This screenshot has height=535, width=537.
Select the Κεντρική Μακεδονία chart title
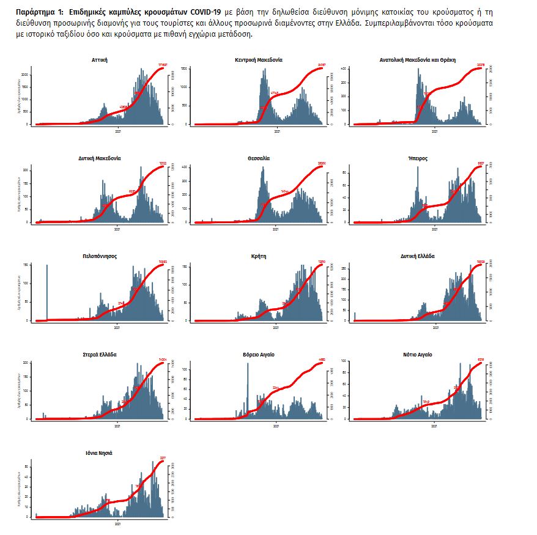[x=259, y=60]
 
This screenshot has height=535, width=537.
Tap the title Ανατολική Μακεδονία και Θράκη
[x=418, y=60]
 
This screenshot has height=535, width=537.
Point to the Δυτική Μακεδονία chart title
[x=99, y=158]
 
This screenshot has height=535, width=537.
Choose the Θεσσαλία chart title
[x=259, y=158]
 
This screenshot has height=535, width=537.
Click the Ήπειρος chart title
[x=418, y=158]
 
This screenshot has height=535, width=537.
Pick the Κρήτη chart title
[x=259, y=256]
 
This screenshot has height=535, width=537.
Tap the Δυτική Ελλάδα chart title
[x=418, y=256]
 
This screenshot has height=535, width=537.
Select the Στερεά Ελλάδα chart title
[x=99, y=355]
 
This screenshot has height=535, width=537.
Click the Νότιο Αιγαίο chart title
[x=418, y=355]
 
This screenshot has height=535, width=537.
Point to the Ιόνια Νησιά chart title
[x=99, y=453]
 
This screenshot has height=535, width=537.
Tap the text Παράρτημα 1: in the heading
[x=39, y=12]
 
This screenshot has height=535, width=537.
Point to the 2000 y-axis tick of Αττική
[x=24, y=75]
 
